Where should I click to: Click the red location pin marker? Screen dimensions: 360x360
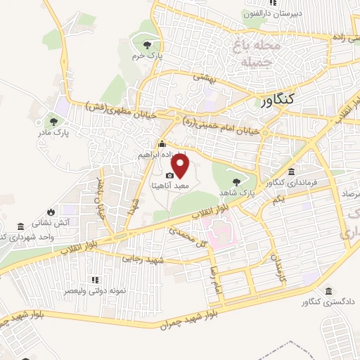pos(181,166)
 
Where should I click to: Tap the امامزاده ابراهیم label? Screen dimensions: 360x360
pos(162,154)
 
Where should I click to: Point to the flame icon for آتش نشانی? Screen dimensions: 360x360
pos(50,211)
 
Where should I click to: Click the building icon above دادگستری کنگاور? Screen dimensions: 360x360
pos(329,292)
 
